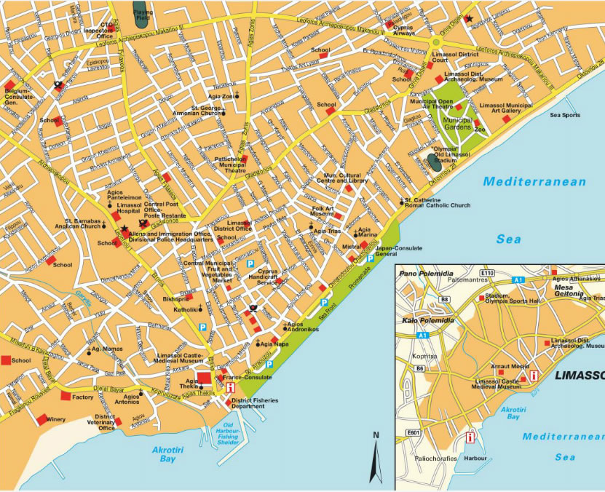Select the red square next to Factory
[x=65, y=397]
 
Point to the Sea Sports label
[x=565, y=115]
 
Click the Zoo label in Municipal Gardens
[x=480, y=130]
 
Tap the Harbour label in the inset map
[x=475, y=459]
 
